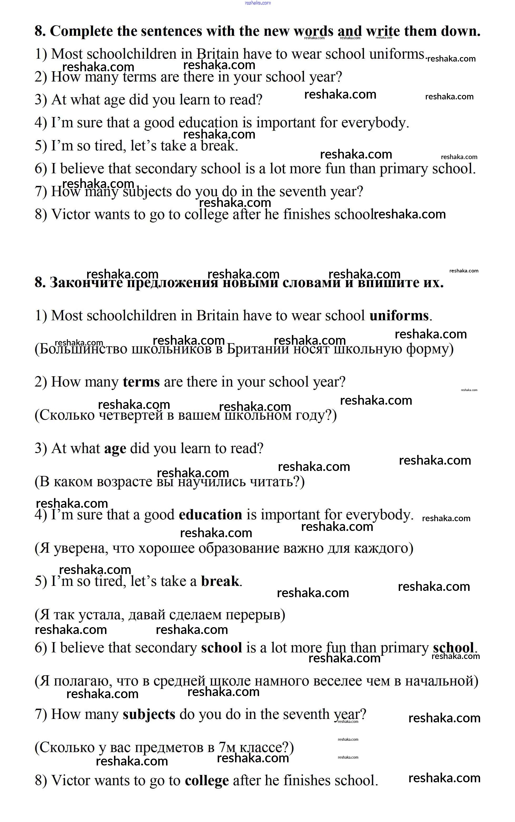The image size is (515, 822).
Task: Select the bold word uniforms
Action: point(399,316)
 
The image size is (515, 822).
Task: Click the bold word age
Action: point(115,449)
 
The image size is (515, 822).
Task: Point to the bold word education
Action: point(210,515)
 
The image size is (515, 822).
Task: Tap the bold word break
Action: point(220,581)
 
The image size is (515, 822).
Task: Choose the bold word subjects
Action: point(149,714)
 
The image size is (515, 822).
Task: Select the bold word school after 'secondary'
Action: point(221,648)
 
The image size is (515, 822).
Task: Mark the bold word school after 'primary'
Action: point(453,648)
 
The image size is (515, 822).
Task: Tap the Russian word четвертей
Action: point(131,415)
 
